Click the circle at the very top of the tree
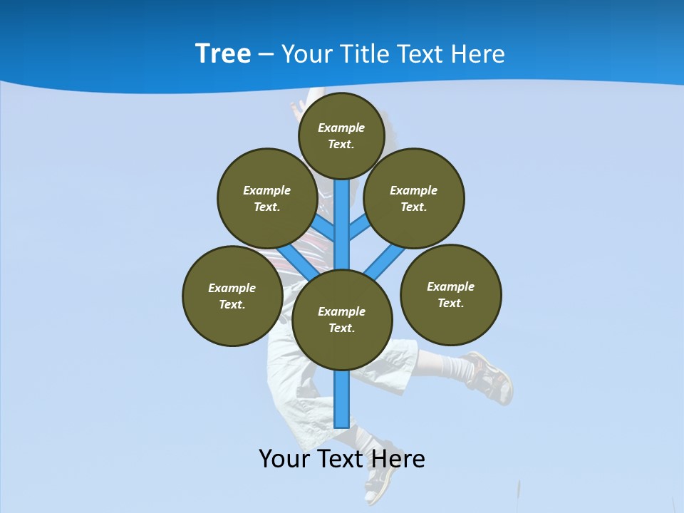[341, 136]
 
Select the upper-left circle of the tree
[267, 198]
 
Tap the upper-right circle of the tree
[414, 198]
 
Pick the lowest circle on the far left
[232, 296]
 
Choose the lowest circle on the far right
[451, 294]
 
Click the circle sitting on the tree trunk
[342, 320]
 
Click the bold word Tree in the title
[223, 53]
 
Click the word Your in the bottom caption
[284, 459]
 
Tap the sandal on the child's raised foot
[489, 375]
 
